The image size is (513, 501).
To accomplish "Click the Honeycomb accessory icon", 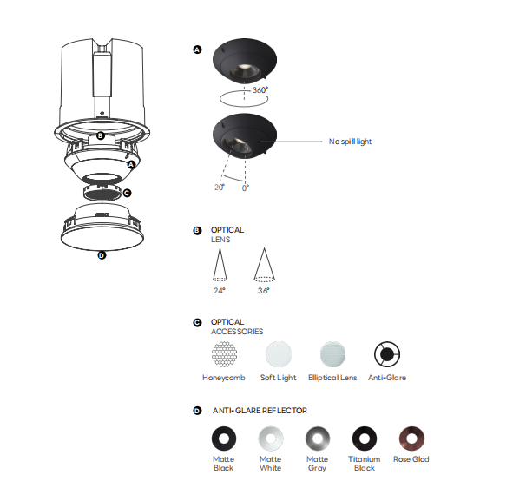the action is pyautogui.click(x=224, y=354).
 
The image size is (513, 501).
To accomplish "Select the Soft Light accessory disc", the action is pyautogui.click(x=279, y=354).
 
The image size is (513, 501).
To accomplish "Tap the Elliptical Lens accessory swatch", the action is pyautogui.click(x=332, y=354).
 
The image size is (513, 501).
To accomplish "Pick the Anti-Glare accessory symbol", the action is pyautogui.click(x=387, y=354).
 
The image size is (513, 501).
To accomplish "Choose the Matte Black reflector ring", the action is pyautogui.click(x=224, y=438).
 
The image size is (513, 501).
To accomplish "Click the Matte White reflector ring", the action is pyautogui.click(x=271, y=438).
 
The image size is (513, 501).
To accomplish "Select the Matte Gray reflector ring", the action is pyautogui.click(x=318, y=438).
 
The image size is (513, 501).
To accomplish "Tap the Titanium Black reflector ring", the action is pyautogui.click(x=365, y=438).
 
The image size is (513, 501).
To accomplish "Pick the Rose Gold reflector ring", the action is pyautogui.click(x=411, y=438).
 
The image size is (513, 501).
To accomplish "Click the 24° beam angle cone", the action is pyautogui.click(x=220, y=265).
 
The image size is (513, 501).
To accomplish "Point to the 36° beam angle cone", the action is pyautogui.click(x=265, y=265).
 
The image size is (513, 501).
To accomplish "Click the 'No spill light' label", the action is pyautogui.click(x=350, y=142).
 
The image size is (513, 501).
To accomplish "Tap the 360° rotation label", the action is pyautogui.click(x=260, y=89).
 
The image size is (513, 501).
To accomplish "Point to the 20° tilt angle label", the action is pyautogui.click(x=220, y=188).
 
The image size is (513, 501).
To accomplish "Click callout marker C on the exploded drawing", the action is pyautogui.click(x=127, y=193).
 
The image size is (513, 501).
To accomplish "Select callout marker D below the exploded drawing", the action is pyautogui.click(x=102, y=255).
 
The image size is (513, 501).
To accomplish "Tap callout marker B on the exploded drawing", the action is pyautogui.click(x=101, y=135).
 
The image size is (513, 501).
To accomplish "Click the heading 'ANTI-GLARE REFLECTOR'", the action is pyautogui.click(x=260, y=411).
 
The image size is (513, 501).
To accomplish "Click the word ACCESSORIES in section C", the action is pyautogui.click(x=237, y=332).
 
